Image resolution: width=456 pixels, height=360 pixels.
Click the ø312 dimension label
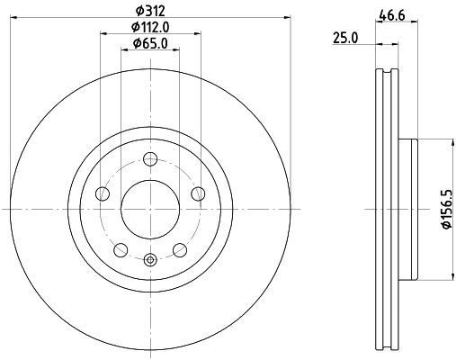tap(150, 10)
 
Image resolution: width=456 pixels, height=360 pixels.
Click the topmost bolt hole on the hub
tap(150, 163)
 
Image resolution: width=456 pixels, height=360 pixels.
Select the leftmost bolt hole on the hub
tap(103, 195)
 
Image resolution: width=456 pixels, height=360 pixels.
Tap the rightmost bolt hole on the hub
tap(197, 195)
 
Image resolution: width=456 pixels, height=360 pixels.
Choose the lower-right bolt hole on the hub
tap(179, 249)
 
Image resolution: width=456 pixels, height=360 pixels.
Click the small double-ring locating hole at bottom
tap(150, 261)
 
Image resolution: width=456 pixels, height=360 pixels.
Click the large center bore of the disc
tap(150, 208)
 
